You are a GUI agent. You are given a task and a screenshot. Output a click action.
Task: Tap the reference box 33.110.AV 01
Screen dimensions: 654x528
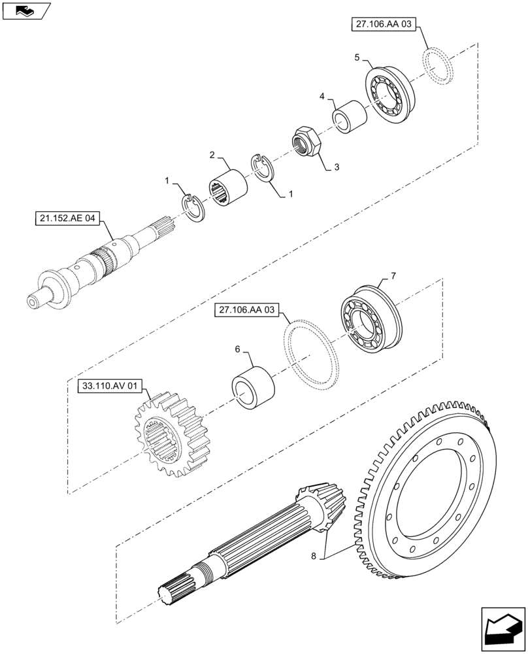(x=110, y=387)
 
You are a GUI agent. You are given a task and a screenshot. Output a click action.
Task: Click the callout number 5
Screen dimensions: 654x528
(x=357, y=58)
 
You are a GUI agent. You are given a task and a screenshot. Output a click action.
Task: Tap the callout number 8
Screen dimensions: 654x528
(x=314, y=556)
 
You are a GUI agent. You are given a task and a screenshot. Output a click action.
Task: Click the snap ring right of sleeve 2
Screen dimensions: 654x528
(x=265, y=168)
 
